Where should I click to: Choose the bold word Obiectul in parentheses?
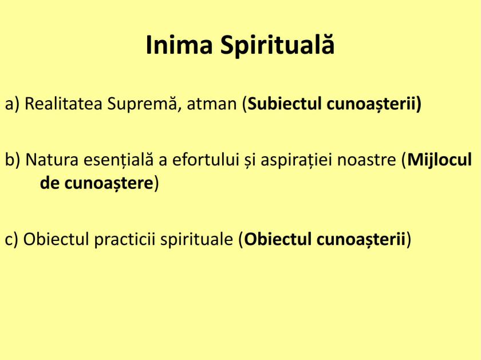click(x=278, y=239)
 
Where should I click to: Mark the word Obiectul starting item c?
click(x=50, y=239)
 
